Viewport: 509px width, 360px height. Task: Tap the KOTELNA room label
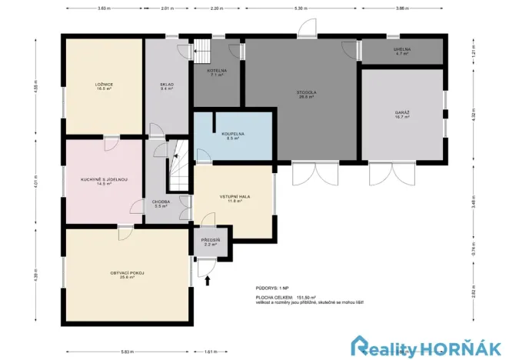click(216, 72)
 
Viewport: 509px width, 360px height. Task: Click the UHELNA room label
click(401, 52)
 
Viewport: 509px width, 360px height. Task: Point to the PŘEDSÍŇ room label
click(210, 242)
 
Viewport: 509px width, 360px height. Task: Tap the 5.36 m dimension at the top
click(301, 8)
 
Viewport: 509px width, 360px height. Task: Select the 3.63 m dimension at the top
click(102, 8)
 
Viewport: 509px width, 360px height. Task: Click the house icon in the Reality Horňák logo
click(361, 345)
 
